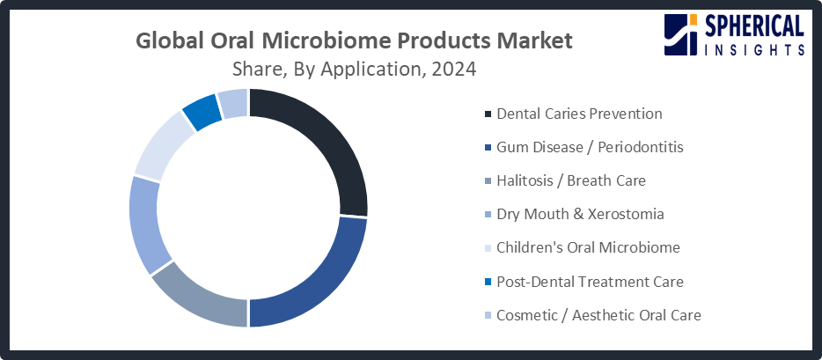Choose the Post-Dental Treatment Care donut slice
[x=202, y=111]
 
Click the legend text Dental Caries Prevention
[x=579, y=114]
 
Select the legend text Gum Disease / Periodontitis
[x=590, y=147]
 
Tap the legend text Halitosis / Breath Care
[x=571, y=180]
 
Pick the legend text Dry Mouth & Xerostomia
[x=580, y=214]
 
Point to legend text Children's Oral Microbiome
[x=588, y=247]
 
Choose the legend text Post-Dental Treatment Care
[x=590, y=282]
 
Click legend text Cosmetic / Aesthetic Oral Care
[x=598, y=315]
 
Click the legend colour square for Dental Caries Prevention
[x=488, y=114]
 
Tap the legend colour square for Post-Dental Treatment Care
[x=488, y=283]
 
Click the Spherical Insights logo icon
[x=680, y=34]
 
